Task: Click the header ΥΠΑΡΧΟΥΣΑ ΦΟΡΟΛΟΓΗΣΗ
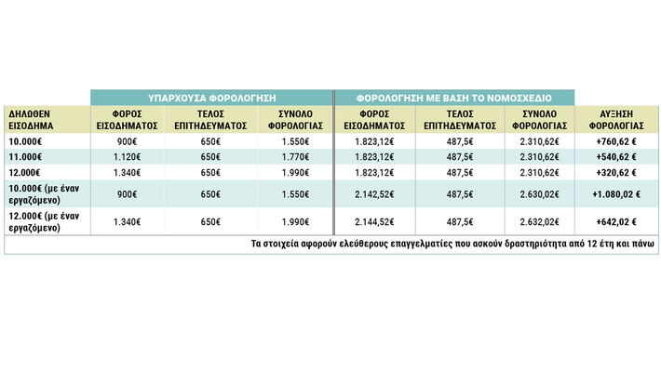pos(211,99)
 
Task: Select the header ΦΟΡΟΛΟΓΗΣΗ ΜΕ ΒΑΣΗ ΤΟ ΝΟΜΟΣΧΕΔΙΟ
pos(454,99)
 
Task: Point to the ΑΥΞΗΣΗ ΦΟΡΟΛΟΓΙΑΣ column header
pos(616,120)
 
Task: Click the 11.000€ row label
pos(25,157)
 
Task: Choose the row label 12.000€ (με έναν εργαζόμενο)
pos(44,222)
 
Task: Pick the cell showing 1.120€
pos(127,157)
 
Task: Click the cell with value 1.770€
pos(295,157)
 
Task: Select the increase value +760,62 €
pos(616,142)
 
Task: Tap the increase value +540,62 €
pos(616,157)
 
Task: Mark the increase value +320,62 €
pos(616,173)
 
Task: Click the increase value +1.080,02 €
pos(616,194)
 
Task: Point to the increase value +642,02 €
pos(616,222)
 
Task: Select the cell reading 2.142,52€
pos(374,194)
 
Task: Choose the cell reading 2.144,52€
pos(374,222)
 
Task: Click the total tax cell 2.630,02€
pos(540,194)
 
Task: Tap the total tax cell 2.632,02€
pos(540,222)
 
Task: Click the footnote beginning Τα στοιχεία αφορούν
pos(452,244)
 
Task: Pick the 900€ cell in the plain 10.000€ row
pos(127,142)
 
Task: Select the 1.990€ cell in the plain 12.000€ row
pos(295,173)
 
